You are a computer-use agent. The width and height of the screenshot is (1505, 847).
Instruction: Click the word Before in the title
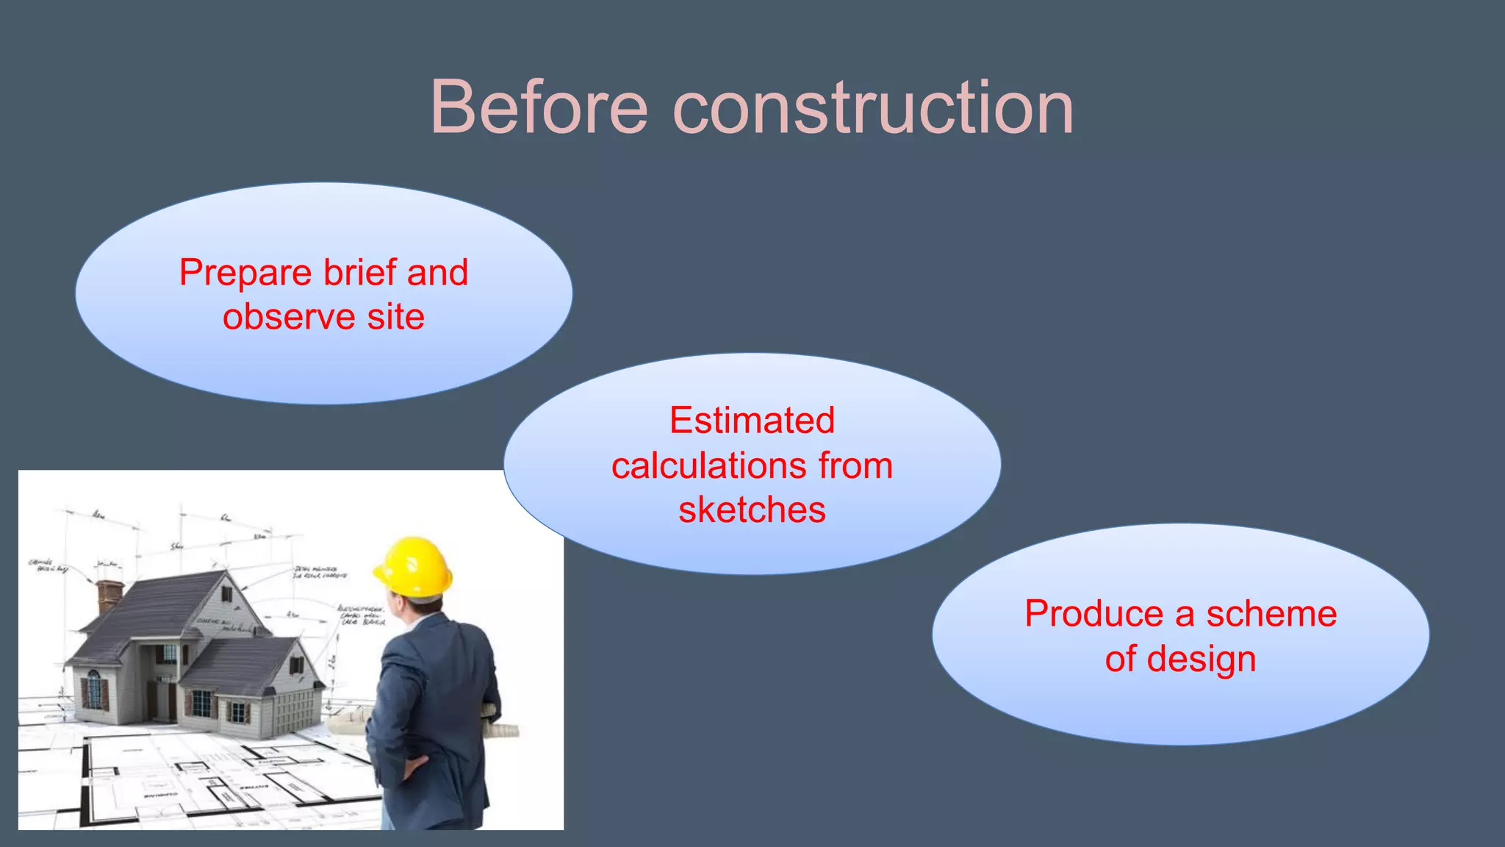(x=539, y=108)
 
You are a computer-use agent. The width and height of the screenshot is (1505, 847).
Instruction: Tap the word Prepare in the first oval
(x=245, y=274)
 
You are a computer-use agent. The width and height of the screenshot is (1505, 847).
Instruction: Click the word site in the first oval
(x=395, y=317)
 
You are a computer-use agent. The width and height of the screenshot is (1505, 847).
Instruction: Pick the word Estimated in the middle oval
(x=752, y=421)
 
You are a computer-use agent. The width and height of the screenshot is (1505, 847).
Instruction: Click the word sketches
(x=752, y=510)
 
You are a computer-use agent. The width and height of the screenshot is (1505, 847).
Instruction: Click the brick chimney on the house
(x=109, y=596)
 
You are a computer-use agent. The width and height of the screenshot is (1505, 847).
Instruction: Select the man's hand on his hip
(x=412, y=768)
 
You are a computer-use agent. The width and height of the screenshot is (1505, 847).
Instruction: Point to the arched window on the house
(x=94, y=688)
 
